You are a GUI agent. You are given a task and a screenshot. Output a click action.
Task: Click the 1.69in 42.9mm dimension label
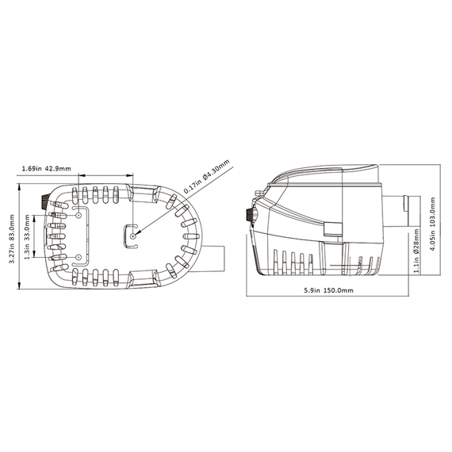pyautogui.click(x=47, y=168)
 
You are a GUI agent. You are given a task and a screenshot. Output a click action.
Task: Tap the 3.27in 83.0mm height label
pyautogui.click(x=12, y=236)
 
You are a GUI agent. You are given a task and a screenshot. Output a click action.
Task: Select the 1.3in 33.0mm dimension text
pyautogui.click(x=28, y=236)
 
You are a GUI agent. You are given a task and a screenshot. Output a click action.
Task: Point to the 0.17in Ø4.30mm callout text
pyautogui.click(x=206, y=176)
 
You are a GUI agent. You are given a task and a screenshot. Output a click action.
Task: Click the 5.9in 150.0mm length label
pyautogui.click(x=328, y=290)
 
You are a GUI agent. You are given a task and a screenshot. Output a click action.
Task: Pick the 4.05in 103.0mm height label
pyautogui.click(x=432, y=224)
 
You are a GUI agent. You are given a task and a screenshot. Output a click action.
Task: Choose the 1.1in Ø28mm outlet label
pyautogui.click(x=416, y=251)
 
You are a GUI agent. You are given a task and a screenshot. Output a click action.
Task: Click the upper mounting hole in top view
pyautogui.click(x=79, y=216)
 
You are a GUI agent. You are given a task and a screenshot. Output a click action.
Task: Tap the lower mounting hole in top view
pyautogui.click(x=79, y=257)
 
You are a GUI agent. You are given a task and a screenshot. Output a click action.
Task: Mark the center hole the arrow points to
pyautogui.click(x=133, y=236)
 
